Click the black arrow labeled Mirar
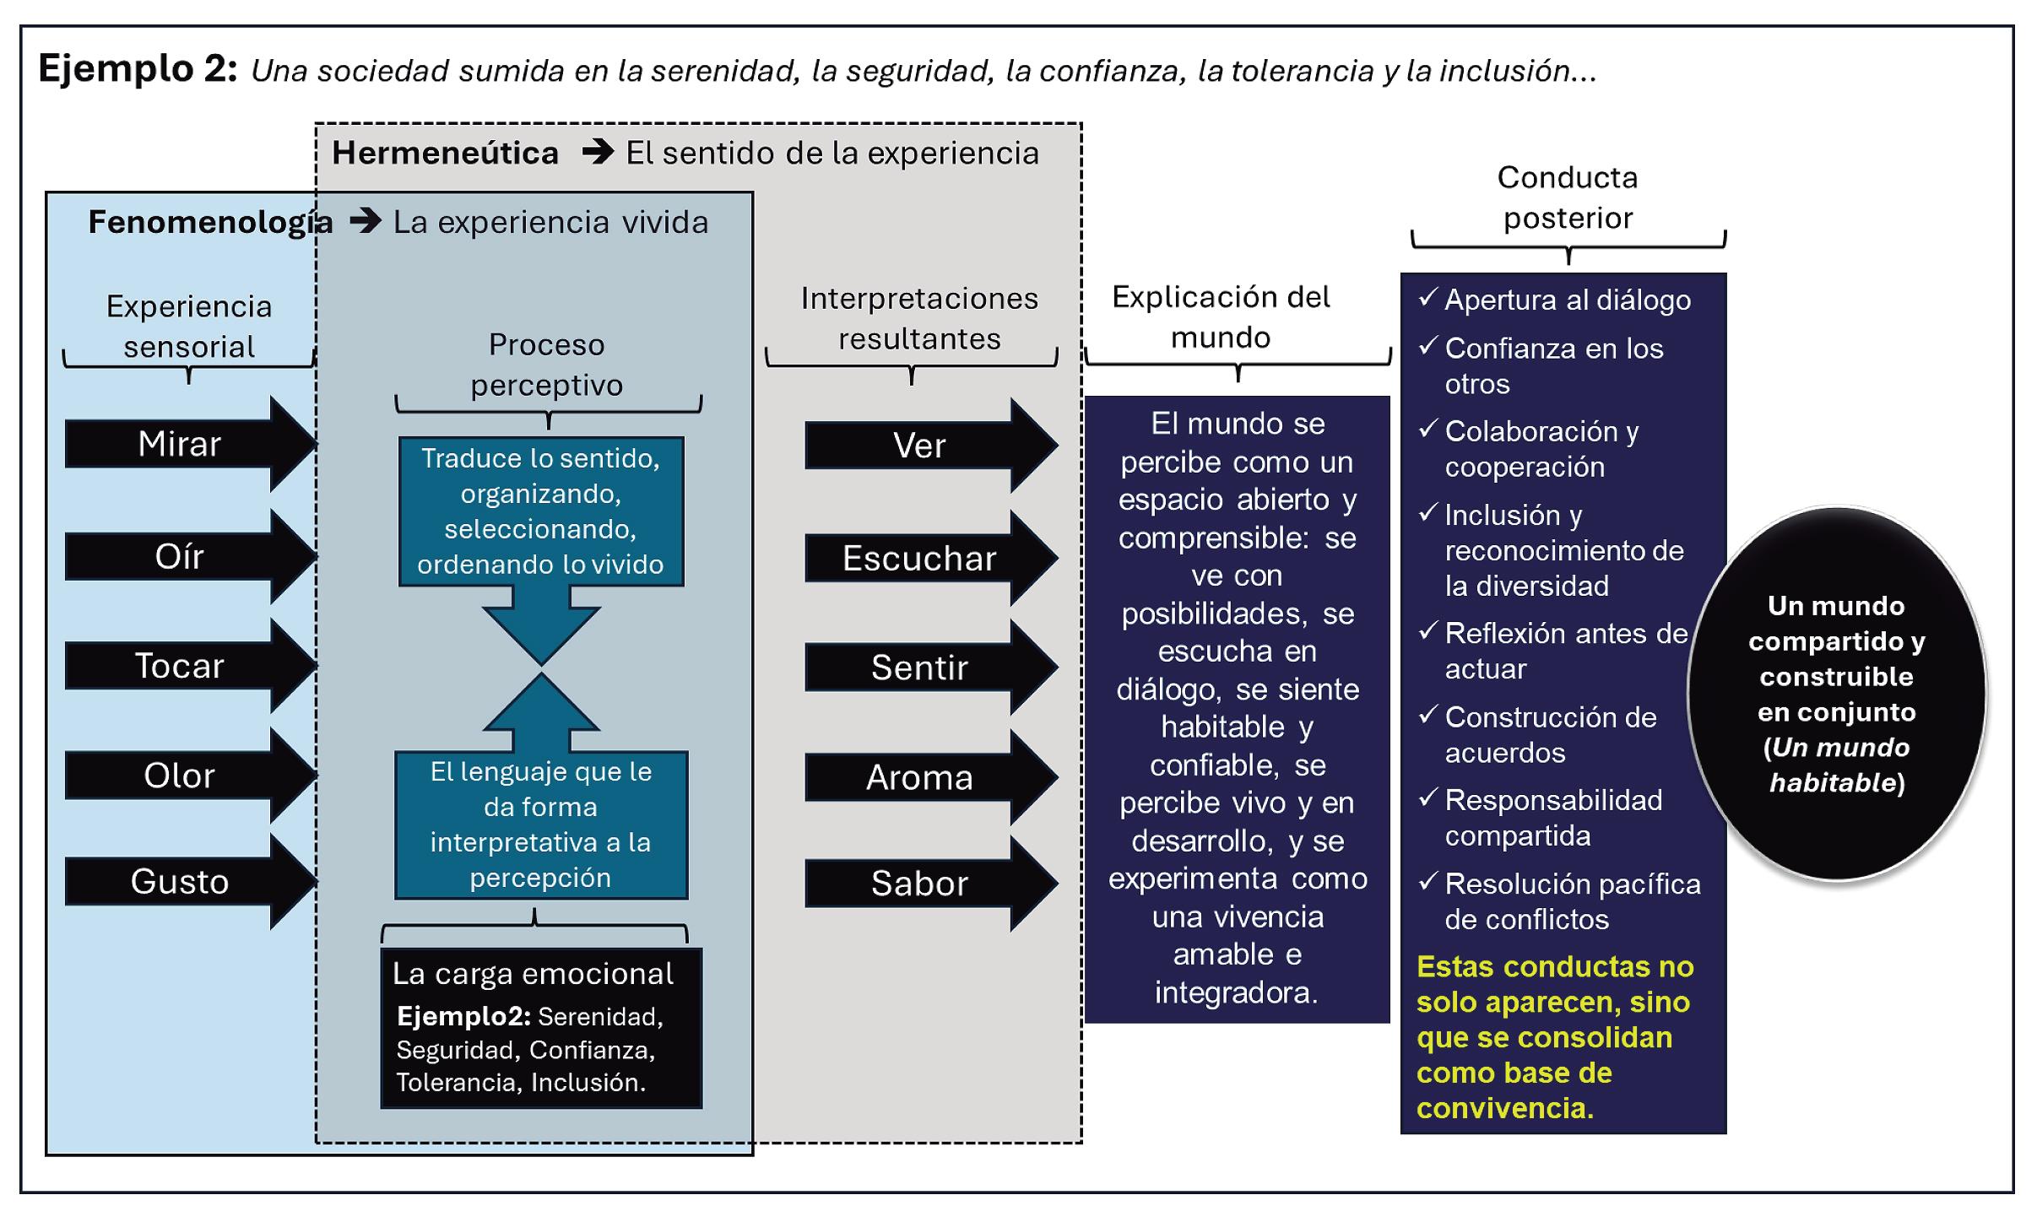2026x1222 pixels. point(180,444)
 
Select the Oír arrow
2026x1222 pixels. point(180,557)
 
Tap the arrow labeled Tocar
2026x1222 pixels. point(180,667)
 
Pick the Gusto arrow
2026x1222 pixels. point(180,882)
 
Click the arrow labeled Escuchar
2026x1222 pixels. point(920,559)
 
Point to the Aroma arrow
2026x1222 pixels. point(920,778)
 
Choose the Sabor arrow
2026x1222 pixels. point(920,884)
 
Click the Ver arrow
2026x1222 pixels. point(920,446)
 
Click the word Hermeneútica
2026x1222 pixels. point(445,154)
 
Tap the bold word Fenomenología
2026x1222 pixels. point(210,222)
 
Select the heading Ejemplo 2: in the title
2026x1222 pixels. point(138,68)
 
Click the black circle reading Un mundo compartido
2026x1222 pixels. point(1836,694)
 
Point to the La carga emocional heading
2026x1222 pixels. point(533,974)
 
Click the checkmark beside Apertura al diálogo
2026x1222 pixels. point(1427,297)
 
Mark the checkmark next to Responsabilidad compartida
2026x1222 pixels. point(1427,798)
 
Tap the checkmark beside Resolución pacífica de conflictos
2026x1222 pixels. point(1427,882)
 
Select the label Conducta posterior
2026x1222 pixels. point(1568,197)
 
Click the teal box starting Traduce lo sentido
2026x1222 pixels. point(541,511)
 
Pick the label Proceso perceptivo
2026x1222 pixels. point(547,365)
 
